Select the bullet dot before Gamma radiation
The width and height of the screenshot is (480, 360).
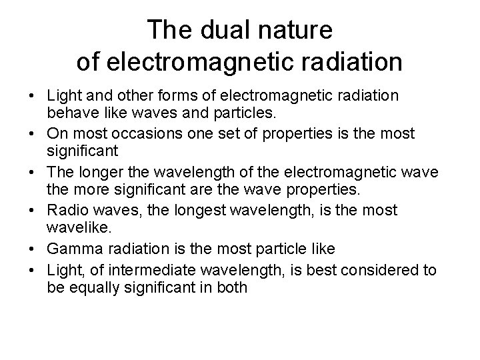35,249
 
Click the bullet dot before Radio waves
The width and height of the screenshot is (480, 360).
35,211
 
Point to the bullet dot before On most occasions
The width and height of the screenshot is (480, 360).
35,134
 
